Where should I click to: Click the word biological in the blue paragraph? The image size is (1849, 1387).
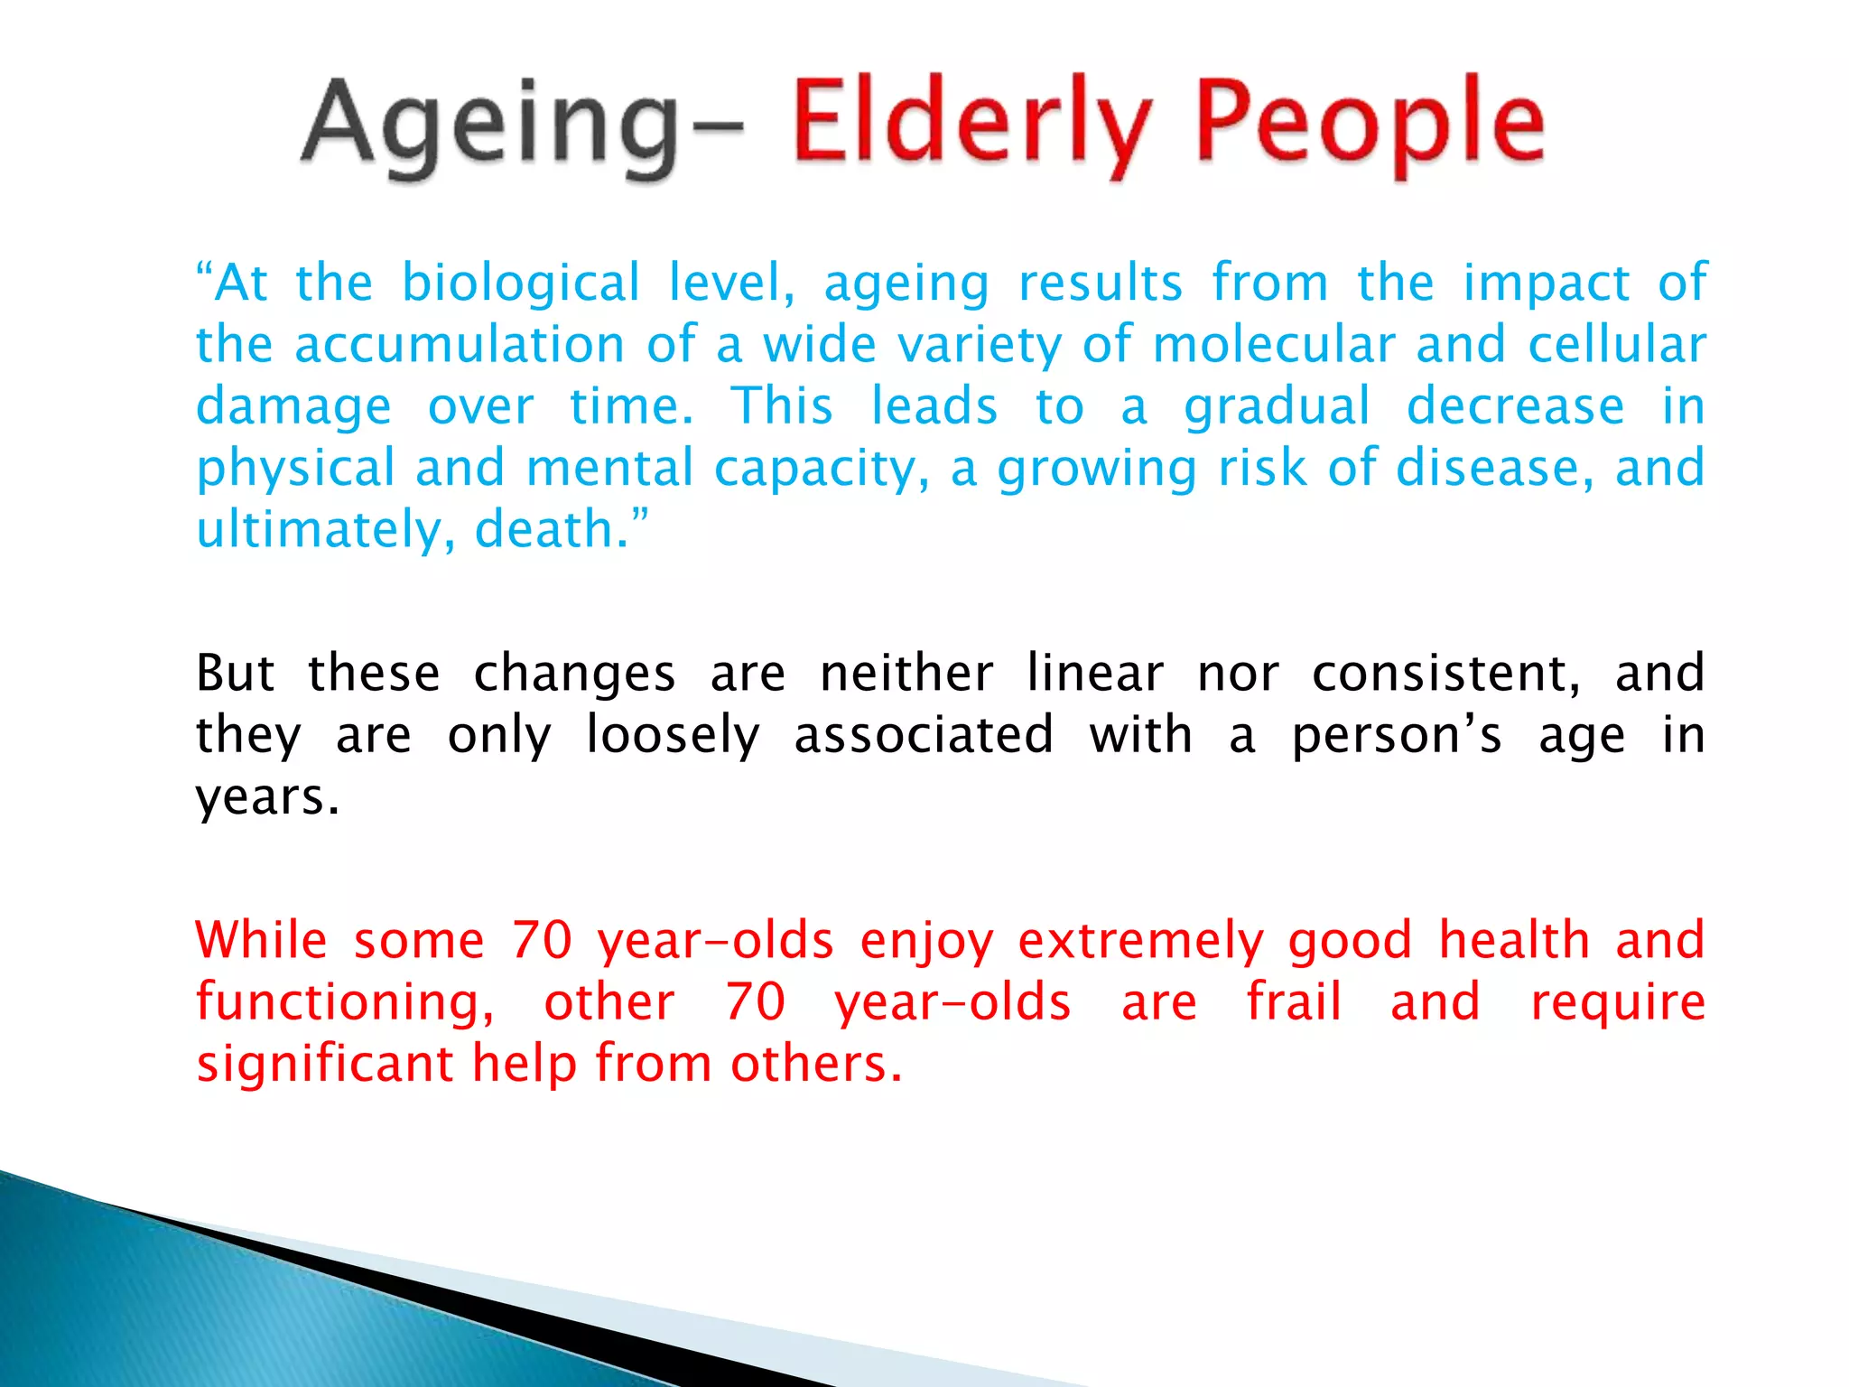pyautogui.click(x=521, y=284)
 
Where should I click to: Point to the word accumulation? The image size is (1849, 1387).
pyautogui.click(x=460, y=345)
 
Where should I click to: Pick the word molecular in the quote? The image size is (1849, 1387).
pyautogui.click(x=1274, y=345)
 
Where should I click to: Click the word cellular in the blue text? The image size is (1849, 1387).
pyautogui.click(x=1616, y=345)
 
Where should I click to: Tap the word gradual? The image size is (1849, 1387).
pyautogui.click(x=1277, y=407)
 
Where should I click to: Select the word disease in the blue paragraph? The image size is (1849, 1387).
pyautogui.click(x=1494, y=468)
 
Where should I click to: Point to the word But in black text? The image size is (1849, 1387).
pyautogui.click(x=235, y=674)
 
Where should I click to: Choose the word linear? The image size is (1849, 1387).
pyautogui.click(x=1094, y=674)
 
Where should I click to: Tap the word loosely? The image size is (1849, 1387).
pyautogui.click(x=673, y=736)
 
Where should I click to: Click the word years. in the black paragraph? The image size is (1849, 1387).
pyautogui.click(x=268, y=798)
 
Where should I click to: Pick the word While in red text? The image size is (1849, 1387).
pyautogui.click(x=261, y=941)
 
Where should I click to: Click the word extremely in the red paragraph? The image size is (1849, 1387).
pyautogui.click(x=1141, y=941)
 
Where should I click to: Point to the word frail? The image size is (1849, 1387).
pyautogui.click(x=1294, y=1002)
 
